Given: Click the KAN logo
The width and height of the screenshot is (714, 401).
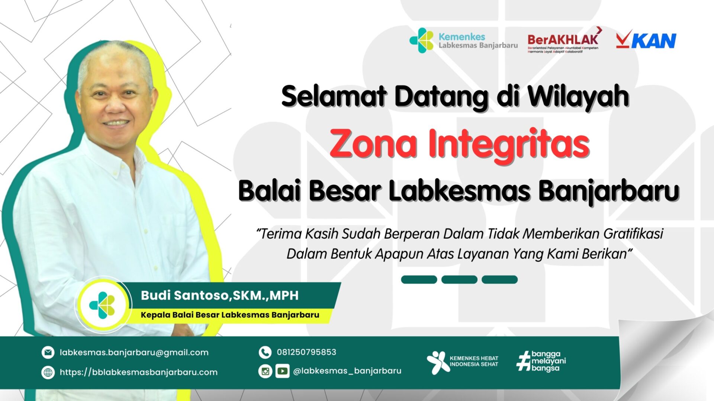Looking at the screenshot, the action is coord(646,40).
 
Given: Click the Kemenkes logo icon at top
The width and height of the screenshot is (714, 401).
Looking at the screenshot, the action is coord(421,40).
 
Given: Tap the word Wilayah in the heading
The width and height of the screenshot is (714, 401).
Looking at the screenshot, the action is coord(578,97).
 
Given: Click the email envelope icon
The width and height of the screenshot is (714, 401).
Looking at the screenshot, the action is coord(48,352).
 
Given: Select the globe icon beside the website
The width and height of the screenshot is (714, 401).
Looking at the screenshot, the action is coord(48,372).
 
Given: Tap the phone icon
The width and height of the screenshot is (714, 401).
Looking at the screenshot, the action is coord(265,352).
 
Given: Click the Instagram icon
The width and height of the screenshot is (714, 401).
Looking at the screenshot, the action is coord(265,371).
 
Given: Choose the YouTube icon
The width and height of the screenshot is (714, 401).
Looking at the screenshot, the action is coord(282,371).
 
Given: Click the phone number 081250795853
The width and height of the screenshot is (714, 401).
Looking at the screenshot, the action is coord(306,352).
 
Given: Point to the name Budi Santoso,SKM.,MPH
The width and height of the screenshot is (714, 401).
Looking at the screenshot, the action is coord(219,296).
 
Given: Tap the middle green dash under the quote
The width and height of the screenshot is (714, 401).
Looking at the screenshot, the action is coord(459,280).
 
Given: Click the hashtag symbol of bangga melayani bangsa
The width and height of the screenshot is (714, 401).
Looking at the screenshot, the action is coord(524,362).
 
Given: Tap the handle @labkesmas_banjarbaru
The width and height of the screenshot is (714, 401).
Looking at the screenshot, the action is coord(347,371).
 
